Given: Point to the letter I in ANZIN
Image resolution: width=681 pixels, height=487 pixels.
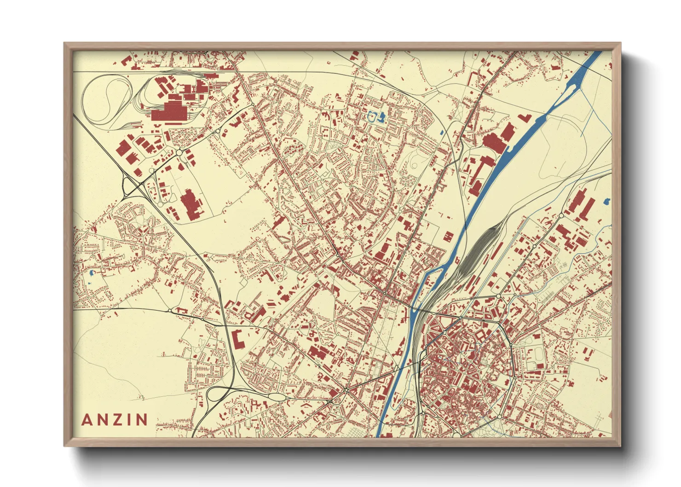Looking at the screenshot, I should point(130,419).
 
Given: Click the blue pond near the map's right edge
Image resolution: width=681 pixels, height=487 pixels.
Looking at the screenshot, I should point(606,201).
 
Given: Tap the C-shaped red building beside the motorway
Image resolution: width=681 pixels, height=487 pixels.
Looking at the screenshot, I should point(238,340).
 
